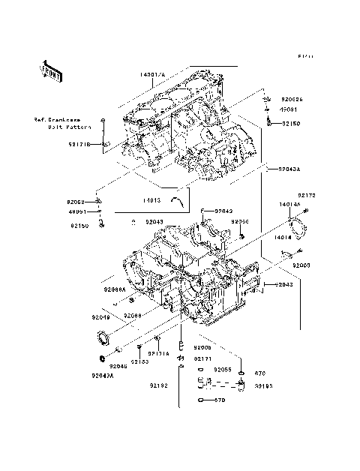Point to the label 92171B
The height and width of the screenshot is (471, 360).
pos(79,144)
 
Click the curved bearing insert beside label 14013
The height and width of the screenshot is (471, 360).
pos(178,199)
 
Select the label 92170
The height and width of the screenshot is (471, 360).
pos(307,196)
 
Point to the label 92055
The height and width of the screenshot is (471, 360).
pos(222,370)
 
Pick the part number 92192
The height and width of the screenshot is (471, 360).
pos(158,385)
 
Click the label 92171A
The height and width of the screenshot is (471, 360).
pos(158,352)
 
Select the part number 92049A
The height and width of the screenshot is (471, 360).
pos(103,375)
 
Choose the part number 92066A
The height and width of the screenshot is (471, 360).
pos(114,289)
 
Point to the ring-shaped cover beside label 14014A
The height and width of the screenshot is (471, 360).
pos(298,227)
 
